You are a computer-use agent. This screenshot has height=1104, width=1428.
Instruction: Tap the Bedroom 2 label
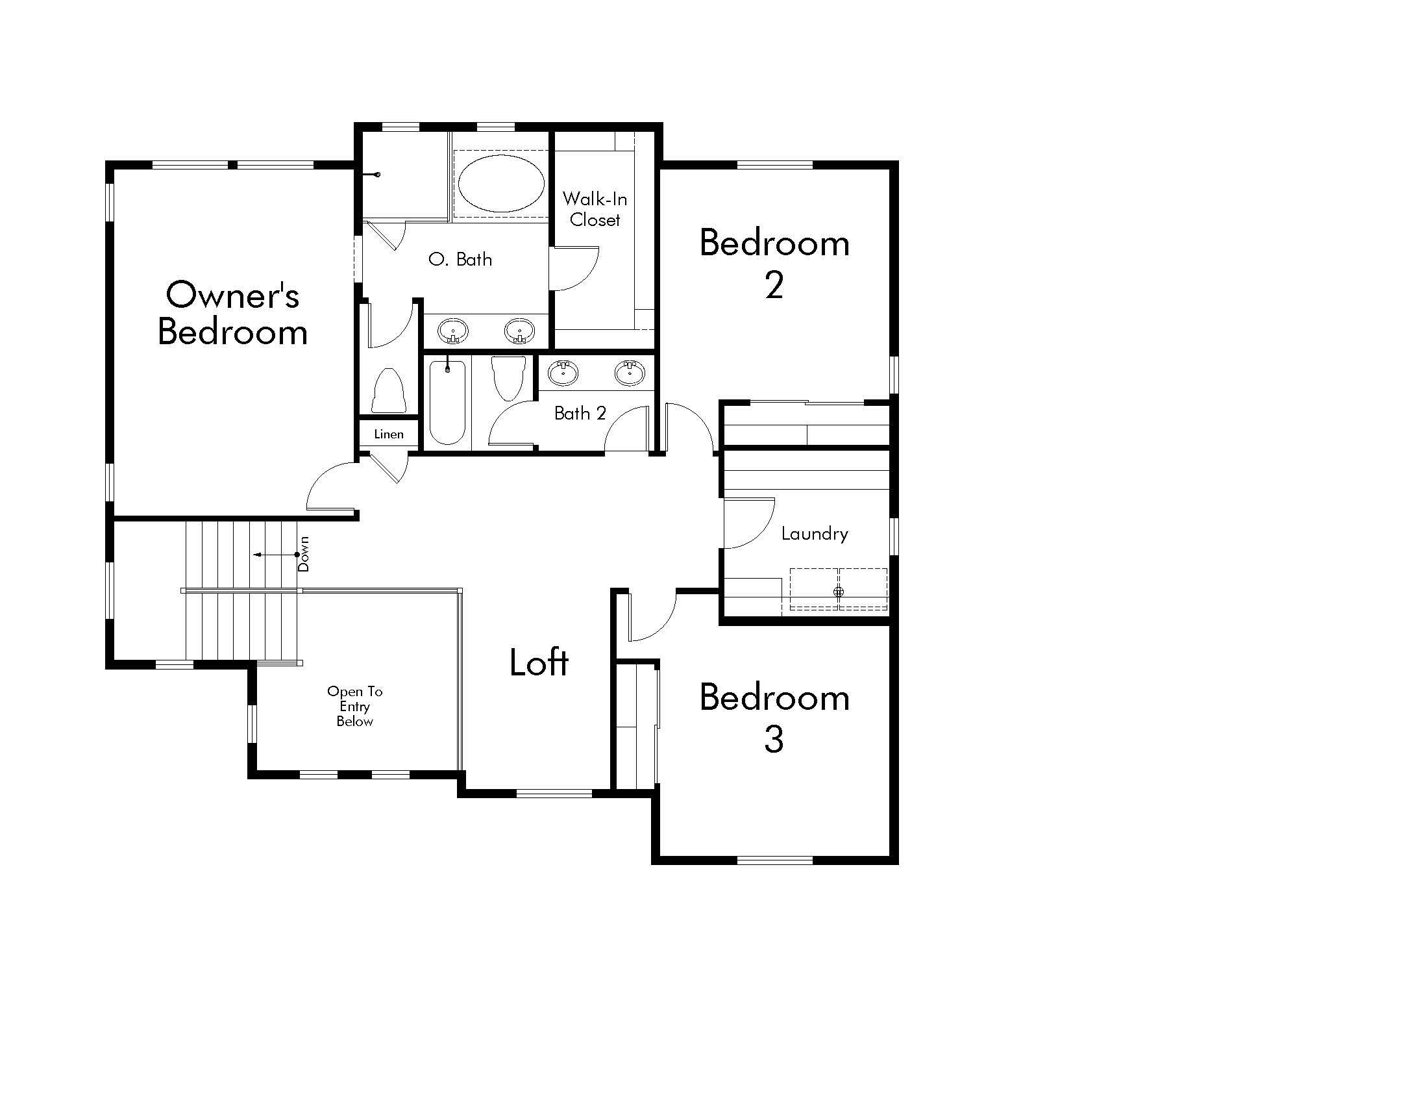(x=775, y=264)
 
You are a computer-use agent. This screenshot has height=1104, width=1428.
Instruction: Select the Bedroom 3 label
(x=775, y=718)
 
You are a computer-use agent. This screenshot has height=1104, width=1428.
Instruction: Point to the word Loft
(x=539, y=662)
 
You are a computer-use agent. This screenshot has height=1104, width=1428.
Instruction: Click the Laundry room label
(x=815, y=534)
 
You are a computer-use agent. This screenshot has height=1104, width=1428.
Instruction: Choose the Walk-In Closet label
(x=595, y=208)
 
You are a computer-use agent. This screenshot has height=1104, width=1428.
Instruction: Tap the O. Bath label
(x=460, y=260)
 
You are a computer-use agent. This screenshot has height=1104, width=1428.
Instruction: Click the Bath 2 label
(x=580, y=413)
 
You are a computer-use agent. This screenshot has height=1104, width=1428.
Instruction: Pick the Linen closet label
(x=389, y=434)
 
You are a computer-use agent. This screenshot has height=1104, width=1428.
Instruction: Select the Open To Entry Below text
(x=355, y=707)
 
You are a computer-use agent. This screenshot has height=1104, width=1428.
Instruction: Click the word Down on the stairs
(x=303, y=554)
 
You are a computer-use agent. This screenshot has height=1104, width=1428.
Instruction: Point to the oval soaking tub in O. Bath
(x=501, y=183)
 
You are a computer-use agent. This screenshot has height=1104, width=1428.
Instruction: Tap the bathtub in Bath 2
(x=448, y=402)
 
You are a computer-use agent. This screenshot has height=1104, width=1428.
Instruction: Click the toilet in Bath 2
(x=508, y=378)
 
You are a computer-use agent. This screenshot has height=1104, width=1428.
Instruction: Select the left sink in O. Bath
(x=452, y=331)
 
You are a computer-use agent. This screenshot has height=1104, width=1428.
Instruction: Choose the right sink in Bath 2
(x=630, y=373)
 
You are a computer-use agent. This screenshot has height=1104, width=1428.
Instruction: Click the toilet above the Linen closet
(x=388, y=390)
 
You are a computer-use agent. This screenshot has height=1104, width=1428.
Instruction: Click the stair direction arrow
(x=276, y=555)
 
